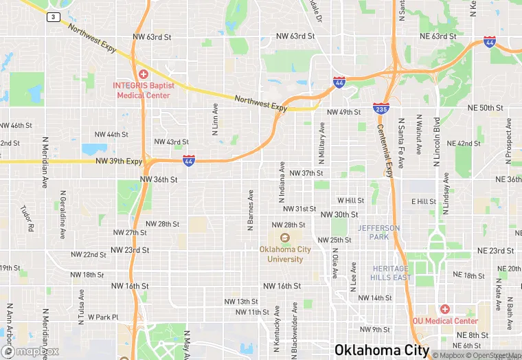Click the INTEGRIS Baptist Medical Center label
click(144, 90)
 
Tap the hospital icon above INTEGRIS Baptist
click(144, 74)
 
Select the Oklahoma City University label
click(285, 254)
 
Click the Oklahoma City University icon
click(285, 238)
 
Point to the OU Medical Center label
click(445, 321)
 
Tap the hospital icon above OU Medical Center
click(444, 309)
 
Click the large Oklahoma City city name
click(382, 350)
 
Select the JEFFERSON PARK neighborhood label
click(378, 232)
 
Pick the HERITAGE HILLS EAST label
click(391, 273)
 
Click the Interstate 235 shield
click(381, 108)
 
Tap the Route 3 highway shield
click(52, 17)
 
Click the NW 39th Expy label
click(119, 161)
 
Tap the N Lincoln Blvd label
click(437, 144)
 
